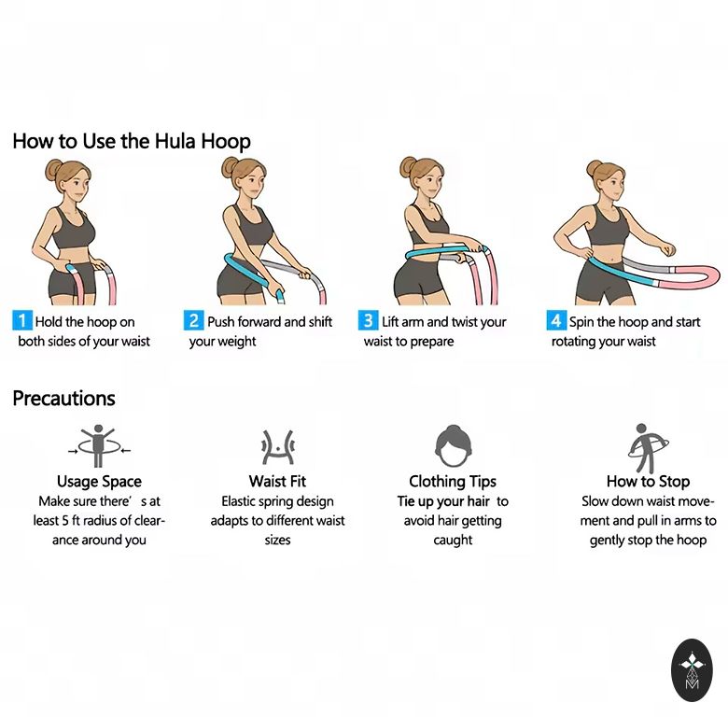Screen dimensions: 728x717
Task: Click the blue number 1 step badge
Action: tap(21, 321)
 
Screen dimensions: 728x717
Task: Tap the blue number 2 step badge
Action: tap(193, 321)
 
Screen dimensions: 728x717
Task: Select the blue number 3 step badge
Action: tap(368, 321)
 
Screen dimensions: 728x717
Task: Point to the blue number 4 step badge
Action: tap(556, 321)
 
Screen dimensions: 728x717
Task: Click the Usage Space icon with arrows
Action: tap(98, 446)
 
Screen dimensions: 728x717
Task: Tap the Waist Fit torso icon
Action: tap(277, 447)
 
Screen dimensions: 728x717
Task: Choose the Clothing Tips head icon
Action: tap(454, 446)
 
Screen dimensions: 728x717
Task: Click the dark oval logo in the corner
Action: tap(692, 669)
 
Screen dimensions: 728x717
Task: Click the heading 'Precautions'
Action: tap(64, 399)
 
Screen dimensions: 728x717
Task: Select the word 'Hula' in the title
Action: tap(175, 141)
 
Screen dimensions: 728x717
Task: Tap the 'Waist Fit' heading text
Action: tap(277, 481)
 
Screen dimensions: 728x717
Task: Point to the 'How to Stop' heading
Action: tap(648, 481)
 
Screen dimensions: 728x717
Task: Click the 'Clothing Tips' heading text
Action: tap(453, 482)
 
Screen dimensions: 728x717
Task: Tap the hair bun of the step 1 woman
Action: tap(53, 170)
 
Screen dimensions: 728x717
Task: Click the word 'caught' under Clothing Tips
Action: tap(453, 540)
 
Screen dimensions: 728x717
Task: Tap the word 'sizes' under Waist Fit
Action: tap(277, 540)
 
